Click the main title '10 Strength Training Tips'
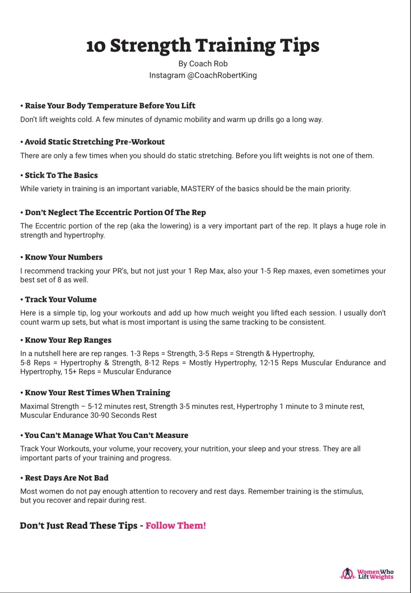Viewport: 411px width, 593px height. click(203, 45)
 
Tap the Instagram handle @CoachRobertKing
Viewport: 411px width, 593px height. click(222, 75)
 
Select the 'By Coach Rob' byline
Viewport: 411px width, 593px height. click(203, 64)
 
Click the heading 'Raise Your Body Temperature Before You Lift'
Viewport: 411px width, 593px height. click(110, 106)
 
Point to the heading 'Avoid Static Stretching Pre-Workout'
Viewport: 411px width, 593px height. click(95, 142)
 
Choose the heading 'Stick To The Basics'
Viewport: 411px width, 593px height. click(61, 175)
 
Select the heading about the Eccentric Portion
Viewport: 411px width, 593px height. click(115, 213)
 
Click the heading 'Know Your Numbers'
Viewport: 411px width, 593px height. click(63, 257)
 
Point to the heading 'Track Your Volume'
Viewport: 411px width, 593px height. click(61, 300)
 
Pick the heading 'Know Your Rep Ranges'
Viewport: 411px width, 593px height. click(68, 340)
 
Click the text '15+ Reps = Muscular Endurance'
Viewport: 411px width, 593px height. click(117, 372)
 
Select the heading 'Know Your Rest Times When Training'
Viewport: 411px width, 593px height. click(97, 393)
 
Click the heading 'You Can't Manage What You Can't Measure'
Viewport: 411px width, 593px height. click(106, 435)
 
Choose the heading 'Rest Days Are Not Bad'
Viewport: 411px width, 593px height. click(67, 478)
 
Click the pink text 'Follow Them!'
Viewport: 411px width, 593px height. click(176, 526)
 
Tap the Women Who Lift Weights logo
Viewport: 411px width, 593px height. click(367, 574)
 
